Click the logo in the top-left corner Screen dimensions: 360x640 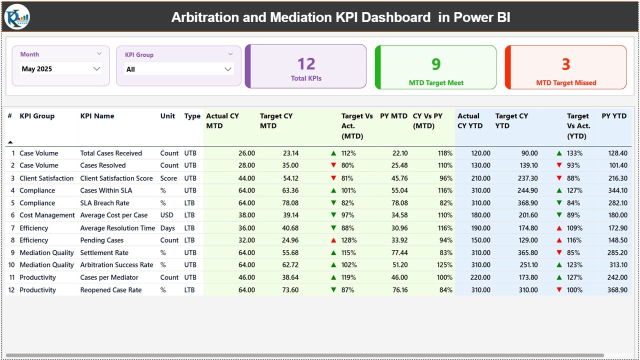click(17, 16)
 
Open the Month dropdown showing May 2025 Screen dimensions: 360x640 click(96, 69)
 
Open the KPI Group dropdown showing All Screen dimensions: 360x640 click(228, 69)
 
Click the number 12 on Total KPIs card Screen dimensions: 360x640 click(306, 64)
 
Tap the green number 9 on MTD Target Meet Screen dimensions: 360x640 click(436, 64)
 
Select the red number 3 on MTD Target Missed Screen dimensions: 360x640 click(565, 64)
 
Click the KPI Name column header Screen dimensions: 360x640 click(97, 116)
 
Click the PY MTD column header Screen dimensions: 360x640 click(393, 116)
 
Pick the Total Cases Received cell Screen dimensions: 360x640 click(111, 153)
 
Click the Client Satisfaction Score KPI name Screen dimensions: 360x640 click(116, 178)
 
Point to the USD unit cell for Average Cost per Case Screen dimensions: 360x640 click(167, 215)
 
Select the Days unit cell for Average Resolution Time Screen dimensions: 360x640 click(167, 228)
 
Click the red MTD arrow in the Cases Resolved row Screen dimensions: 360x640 click(333, 165)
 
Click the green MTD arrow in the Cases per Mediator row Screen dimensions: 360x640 click(333, 277)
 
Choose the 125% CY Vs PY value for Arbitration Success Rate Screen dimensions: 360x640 click(444, 265)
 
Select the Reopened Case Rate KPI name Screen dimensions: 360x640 click(111, 290)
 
